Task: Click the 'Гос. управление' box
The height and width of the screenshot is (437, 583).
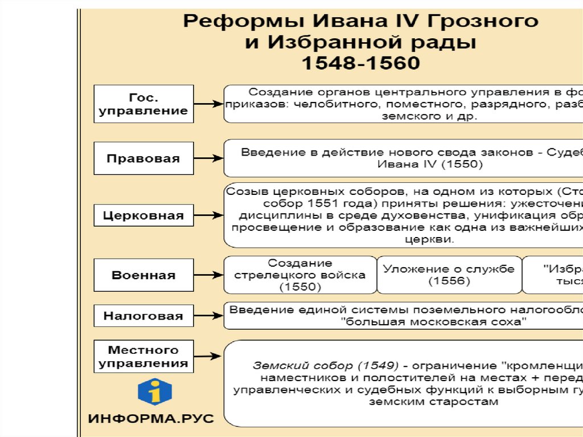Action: pos(143,104)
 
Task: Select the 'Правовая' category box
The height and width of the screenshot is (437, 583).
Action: pos(143,158)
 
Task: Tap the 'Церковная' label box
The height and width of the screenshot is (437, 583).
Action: pos(143,215)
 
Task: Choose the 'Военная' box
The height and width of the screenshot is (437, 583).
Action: pos(143,275)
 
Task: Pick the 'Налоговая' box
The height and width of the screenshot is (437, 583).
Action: pos(143,316)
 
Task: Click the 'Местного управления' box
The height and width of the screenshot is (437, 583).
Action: pos(143,356)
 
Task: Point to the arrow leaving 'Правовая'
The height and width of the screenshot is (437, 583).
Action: pos(208,158)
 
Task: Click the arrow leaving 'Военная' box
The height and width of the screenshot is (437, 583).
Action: pos(208,275)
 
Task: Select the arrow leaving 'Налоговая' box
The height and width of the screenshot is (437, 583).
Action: pos(208,316)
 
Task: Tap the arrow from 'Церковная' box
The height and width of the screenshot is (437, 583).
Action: pos(208,215)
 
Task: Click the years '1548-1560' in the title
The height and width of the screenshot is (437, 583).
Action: pos(361,63)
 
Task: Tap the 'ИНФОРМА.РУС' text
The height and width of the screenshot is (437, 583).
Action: pos(151,419)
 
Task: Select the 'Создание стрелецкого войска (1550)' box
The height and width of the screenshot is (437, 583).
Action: pos(300,275)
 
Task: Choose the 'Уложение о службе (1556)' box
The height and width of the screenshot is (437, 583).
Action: pos(449,275)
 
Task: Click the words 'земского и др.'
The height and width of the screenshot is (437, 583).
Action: pos(430,116)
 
